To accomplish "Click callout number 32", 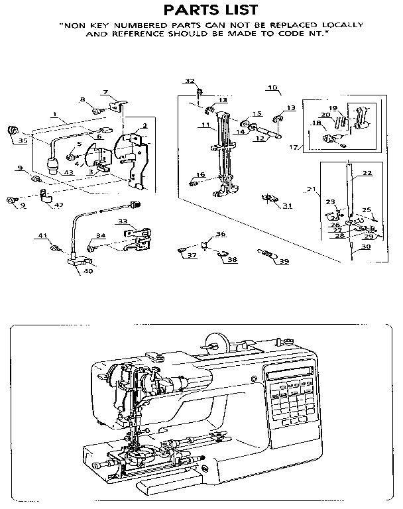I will tap(190, 81).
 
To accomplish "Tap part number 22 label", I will tap(367, 174).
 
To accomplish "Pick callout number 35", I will tap(23, 141).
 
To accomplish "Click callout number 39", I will tap(284, 262).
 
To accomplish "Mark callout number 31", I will tap(287, 206).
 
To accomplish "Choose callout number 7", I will tap(105, 91).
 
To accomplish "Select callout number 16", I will tap(201, 174).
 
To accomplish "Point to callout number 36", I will tap(221, 234).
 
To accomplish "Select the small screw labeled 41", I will tap(55, 248).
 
